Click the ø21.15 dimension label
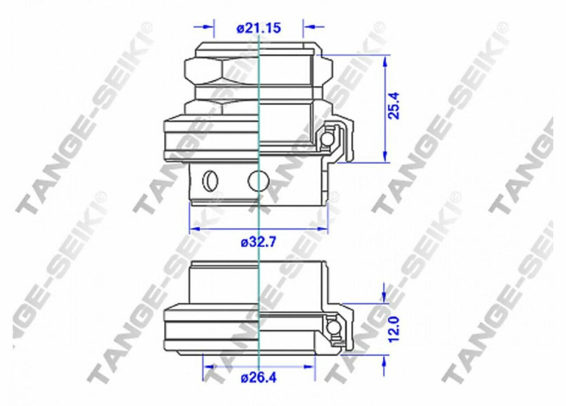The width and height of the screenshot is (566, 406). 259,28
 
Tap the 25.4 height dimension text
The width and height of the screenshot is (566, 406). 394,106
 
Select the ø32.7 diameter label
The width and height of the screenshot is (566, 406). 258,243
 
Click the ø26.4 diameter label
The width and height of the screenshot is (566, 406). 259,378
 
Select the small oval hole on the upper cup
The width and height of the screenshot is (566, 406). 210,181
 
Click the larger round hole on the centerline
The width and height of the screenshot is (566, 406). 259,181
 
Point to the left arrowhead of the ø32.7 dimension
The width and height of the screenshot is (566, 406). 195,229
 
